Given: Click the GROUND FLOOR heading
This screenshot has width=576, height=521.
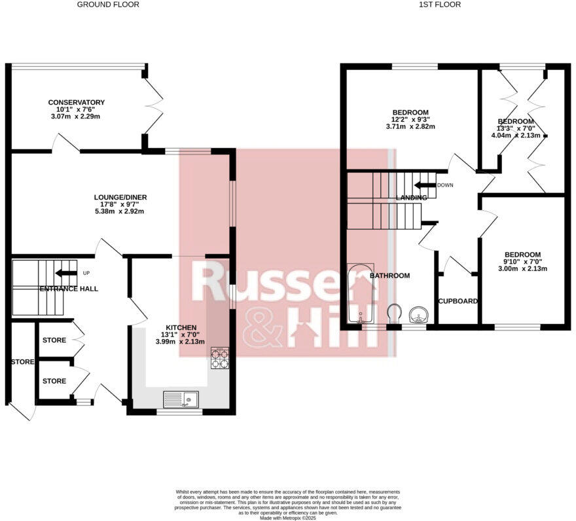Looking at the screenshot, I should (x=108, y=5).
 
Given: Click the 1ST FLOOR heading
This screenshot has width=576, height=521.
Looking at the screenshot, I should (x=440, y=5).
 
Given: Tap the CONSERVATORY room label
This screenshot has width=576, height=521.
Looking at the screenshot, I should (x=76, y=103).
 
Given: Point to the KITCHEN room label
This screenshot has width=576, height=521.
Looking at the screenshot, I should (x=181, y=327).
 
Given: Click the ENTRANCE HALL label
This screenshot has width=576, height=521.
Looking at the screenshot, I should (x=69, y=289).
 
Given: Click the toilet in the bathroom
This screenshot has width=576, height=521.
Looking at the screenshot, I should (x=393, y=314).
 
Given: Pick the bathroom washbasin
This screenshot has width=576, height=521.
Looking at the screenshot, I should (x=417, y=316).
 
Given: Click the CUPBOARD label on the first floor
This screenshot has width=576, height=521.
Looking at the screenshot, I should (x=458, y=301).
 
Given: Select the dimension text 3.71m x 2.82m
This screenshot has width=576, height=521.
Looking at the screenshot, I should (x=410, y=127).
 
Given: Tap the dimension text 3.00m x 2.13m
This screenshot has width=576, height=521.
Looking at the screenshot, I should (x=522, y=270).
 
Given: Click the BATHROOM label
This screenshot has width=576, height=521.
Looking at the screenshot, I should (x=390, y=276).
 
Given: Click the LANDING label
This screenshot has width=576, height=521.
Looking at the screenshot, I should (x=411, y=198).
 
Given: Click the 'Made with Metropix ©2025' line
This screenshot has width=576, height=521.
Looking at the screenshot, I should (x=288, y=518).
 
